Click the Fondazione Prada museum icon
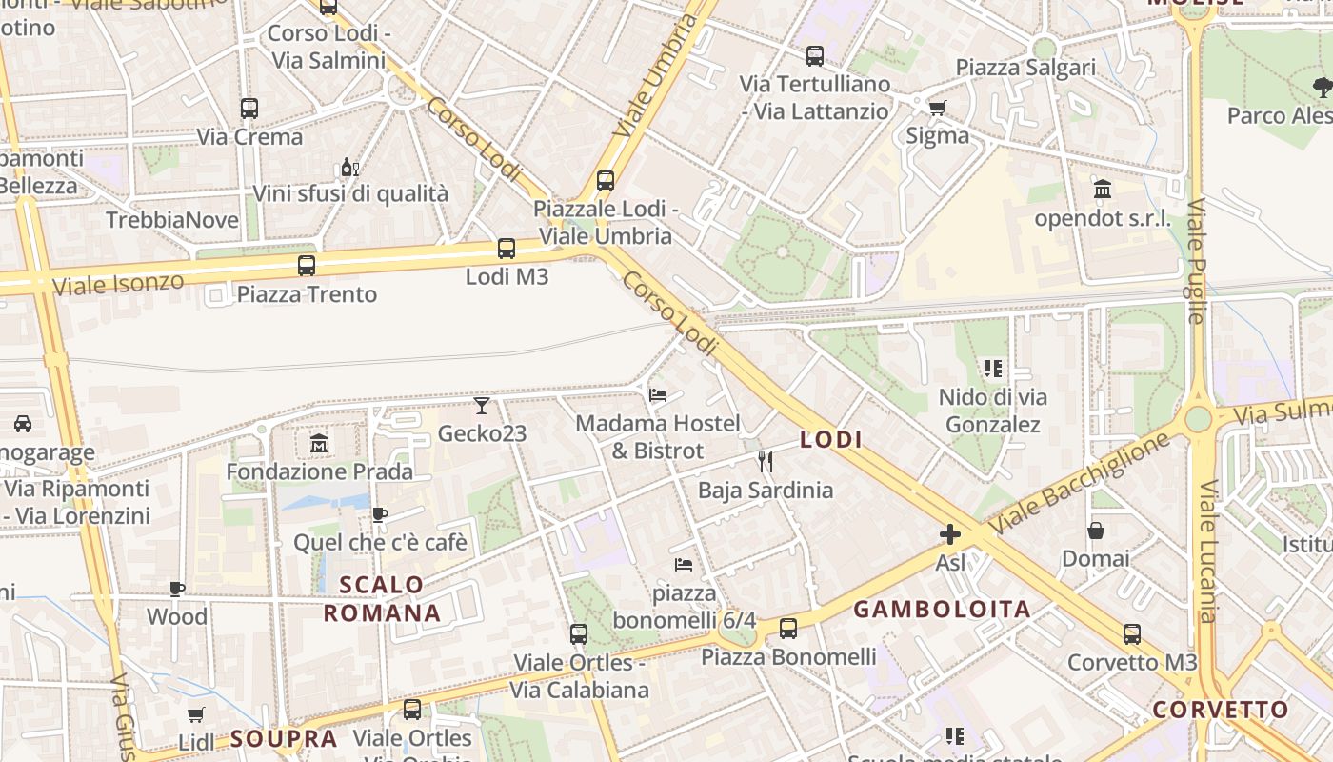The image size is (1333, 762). click(318, 443)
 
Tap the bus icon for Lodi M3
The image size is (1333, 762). click(507, 249)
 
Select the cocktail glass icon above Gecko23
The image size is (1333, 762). click(482, 406)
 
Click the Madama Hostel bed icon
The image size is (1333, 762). click(658, 394)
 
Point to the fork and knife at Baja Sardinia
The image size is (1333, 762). click(766, 462)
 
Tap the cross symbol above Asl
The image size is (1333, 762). click(950, 534)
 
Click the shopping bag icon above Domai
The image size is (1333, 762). click(1096, 530)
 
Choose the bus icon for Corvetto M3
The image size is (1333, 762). click(1132, 633)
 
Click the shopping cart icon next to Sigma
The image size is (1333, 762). click(938, 108)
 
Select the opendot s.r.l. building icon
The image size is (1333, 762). click(1103, 189)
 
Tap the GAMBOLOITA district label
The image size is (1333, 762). click(942, 610)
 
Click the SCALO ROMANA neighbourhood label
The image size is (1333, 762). click(382, 598)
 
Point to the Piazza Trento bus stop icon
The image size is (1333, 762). click(307, 266)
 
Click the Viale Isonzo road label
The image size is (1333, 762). click(118, 283)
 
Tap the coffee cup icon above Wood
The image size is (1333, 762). click(177, 589)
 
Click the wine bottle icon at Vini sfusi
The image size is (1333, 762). click(350, 168)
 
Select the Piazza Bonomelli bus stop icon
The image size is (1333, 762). click(788, 629)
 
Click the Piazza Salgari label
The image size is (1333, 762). click(1025, 68)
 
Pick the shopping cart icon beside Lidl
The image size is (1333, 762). click(196, 714)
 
